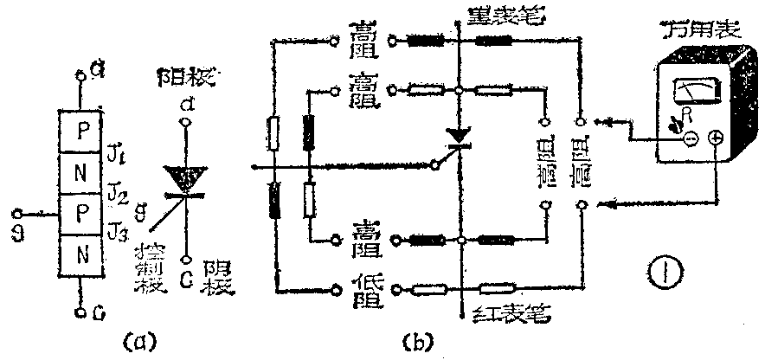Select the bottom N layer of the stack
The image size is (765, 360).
click(83, 258)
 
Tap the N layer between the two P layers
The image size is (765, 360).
click(83, 171)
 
